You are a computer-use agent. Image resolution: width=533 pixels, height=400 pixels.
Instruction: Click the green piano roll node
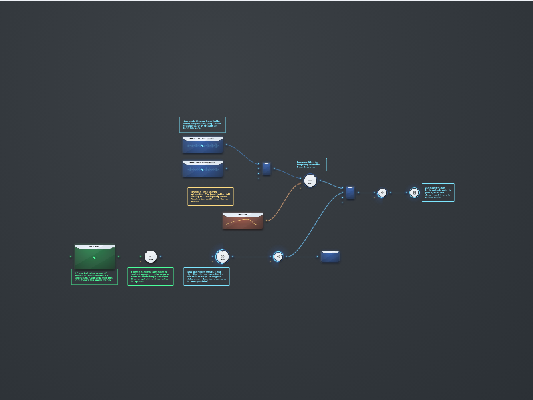pos(95,256)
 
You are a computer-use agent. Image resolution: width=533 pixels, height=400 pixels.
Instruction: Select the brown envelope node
pos(243,221)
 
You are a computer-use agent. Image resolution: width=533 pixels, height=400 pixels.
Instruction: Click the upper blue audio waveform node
pos(203,145)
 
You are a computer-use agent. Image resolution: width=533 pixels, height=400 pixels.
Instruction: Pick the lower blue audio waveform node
pos(203,169)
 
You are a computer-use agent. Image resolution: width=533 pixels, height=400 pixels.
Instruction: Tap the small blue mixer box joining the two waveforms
pos(266,169)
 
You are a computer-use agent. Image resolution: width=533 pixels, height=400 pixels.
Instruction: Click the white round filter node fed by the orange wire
pos(310,181)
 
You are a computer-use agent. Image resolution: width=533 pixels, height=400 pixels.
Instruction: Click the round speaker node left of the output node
pos(382,193)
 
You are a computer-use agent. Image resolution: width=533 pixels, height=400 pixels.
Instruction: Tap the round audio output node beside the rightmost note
pos(414,193)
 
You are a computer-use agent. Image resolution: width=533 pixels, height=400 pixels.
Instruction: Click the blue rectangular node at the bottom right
pos(330,257)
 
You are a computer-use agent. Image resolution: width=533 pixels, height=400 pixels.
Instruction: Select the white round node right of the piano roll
pos(151,257)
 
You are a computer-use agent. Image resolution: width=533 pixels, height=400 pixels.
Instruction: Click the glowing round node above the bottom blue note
pos(223,257)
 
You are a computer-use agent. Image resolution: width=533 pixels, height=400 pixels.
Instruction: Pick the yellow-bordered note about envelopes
pos(211,197)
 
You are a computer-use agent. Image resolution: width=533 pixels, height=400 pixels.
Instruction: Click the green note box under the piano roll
pos(95,277)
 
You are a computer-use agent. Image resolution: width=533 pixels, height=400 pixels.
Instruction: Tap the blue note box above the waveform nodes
pos(203,125)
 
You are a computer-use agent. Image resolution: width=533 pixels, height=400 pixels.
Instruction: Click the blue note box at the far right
pos(438,193)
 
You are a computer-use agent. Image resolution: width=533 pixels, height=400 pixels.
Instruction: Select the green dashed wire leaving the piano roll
pos(129,257)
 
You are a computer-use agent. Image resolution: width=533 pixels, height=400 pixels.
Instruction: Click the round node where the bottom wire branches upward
pos(278,257)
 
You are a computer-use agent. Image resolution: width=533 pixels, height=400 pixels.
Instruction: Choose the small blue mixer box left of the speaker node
pos(350,193)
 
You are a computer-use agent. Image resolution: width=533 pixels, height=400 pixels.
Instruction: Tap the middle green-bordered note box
pos(151,277)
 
